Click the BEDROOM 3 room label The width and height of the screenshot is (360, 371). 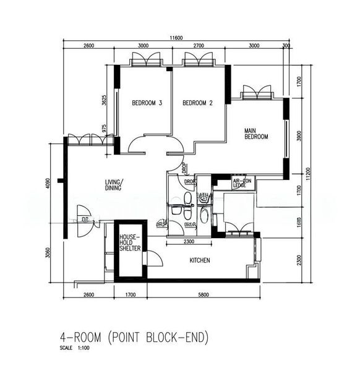click(x=147, y=103)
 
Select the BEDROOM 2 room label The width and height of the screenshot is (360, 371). click(x=198, y=103)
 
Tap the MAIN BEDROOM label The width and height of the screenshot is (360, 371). click(x=255, y=134)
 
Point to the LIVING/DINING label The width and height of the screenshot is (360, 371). click(x=113, y=184)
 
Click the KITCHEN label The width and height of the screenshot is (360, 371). click(x=199, y=260)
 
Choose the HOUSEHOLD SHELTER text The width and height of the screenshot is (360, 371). click(x=131, y=242)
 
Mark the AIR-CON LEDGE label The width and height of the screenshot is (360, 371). click(x=240, y=183)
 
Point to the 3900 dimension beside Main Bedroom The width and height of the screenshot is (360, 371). click(x=299, y=135)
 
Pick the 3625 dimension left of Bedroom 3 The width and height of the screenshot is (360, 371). click(x=105, y=100)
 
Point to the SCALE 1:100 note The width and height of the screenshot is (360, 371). click(x=75, y=350)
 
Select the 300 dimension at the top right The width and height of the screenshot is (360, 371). click(x=286, y=46)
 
